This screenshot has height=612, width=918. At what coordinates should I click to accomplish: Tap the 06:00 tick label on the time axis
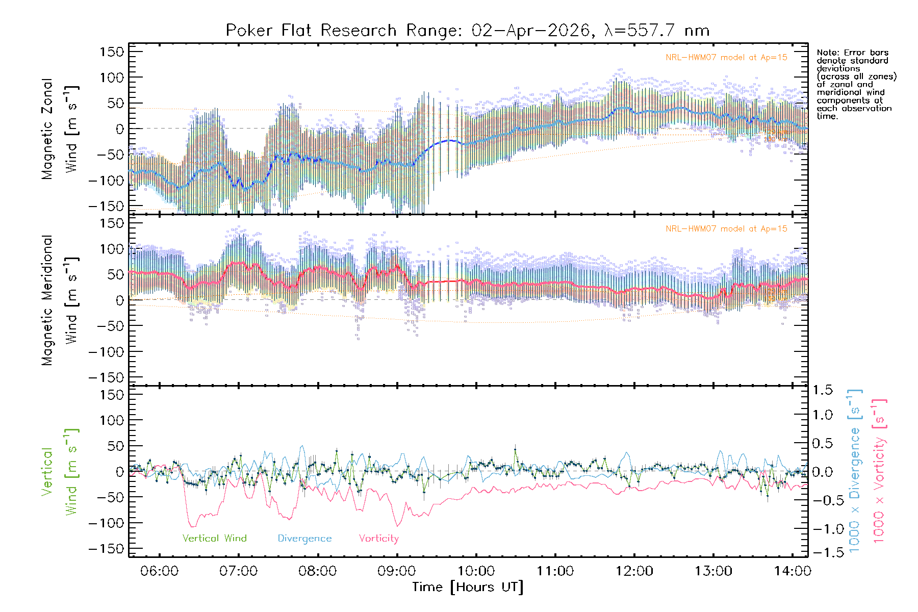pyautogui.click(x=160, y=571)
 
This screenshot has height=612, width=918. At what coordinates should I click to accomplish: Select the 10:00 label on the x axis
pyautogui.click(x=476, y=571)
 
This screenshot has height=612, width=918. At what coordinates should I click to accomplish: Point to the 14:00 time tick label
pyautogui.click(x=792, y=571)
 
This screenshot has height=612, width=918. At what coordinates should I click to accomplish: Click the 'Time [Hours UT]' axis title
pyautogui.click(x=468, y=588)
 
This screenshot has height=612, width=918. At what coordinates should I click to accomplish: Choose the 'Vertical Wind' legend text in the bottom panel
pyautogui.click(x=214, y=539)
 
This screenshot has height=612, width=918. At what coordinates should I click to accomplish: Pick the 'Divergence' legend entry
pyautogui.click(x=304, y=539)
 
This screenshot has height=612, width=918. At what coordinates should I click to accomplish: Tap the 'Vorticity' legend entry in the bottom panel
pyautogui.click(x=378, y=539)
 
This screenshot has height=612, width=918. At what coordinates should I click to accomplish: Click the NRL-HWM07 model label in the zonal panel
pyautogui.click(x=726, y=58)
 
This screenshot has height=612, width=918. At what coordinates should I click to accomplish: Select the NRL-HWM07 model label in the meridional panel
pyautogui.click(x=726, y=229)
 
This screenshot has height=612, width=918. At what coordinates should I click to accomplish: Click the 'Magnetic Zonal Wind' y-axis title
pyautogui.click(x=60, y=129)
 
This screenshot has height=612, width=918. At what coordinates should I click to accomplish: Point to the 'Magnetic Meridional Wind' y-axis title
pyautogui.click(x=60, y=300)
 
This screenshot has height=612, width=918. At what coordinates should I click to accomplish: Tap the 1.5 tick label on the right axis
pyautogui.click(x=822, y=390)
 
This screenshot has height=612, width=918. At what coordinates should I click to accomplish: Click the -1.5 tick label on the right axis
pyautogui.click(x=822, y=552)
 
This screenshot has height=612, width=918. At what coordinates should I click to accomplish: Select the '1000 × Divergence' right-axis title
pyautogui.click(x=854, y=470)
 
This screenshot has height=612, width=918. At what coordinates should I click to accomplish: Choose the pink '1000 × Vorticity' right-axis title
pyautogui.click(x=879, y=470)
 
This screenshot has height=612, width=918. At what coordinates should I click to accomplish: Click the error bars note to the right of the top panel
pyautogui.click(x=856, y=84)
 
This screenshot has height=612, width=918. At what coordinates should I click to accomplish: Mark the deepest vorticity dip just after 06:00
pyautogui.click(x=193, y=526)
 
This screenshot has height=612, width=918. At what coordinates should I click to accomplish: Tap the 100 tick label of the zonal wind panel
pyautogui.click(x=112, y=78)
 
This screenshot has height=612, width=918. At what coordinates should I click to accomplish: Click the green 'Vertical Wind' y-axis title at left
pyautogui.click(x=60, y=472)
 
